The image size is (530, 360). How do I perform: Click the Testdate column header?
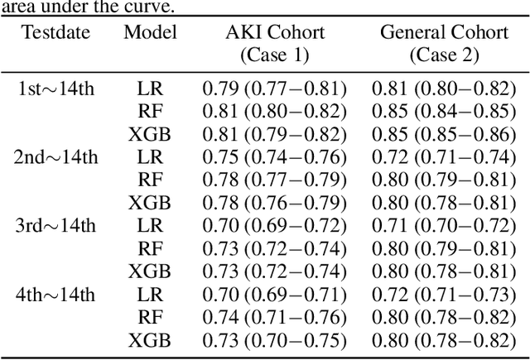pyautogui.click(x=56, y=33)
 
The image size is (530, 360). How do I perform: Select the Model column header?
pyautogui.click(x=150, y=33)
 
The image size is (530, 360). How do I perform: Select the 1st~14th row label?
pyautogui.click(x=56, y=89)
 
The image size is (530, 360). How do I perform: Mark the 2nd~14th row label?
pyautogui.click(x=56, y=157)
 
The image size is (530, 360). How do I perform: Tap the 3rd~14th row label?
pyautogui.click(x=56, y=225)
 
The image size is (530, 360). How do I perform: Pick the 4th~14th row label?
pyautogui.click(x=56, y=294)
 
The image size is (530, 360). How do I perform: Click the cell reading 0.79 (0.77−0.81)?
pyautogui.click(x=274, y=89)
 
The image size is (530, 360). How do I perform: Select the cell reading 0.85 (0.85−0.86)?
pyautogui.click(x=442, y=134)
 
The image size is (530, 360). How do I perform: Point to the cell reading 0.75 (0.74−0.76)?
pyautogui.click(x=274, y=157)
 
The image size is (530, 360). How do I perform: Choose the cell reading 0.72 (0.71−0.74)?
pyautogui.click(x=442, y=157)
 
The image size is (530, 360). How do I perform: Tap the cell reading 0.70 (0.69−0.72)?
pyautogui.click(x=274, y=225)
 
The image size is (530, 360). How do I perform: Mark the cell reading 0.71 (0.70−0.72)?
pyautogui.click(x=442, y=225)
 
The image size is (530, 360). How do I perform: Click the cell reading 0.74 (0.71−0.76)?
pyautogui.click(x=274, y=316)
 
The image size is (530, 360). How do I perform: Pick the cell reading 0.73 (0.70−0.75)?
pyautogui.click(x=274, y=339)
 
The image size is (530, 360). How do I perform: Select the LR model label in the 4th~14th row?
pyautogui.click(x=150, y=294)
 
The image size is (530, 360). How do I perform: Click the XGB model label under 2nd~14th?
pyautogui.click(x=150, y=203)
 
